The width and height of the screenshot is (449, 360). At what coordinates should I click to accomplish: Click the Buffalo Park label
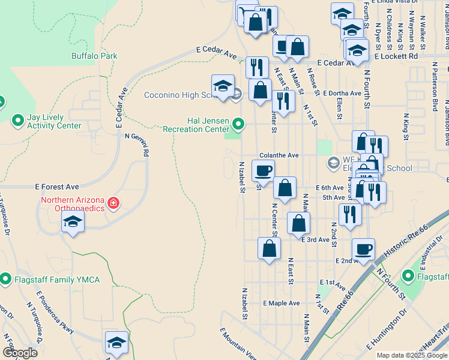(x=94, y=56)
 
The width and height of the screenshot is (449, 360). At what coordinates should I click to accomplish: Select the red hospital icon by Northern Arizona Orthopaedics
(x=113, y=204)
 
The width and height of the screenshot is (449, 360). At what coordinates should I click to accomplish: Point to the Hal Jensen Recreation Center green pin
(x=238, y=124)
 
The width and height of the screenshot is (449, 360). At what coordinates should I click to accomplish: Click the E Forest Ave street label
(x=57, y=187)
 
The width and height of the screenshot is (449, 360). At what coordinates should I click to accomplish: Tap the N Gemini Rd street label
(x=137, y=145)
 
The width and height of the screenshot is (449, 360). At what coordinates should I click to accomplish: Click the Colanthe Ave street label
(x=279, y=155)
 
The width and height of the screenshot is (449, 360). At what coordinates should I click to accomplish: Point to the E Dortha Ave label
(x=342, y=94)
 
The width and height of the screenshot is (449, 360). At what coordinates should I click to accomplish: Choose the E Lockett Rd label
(x=396, y=56)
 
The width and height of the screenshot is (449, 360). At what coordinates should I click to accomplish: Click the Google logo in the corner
(x=20, y=353)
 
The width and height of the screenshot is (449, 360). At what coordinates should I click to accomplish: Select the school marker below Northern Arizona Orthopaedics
(x=73, y=223)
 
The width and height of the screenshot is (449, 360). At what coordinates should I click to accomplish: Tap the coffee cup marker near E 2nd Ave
(x=363, y=248)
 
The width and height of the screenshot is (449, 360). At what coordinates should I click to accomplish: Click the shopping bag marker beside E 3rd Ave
(x=298, y=224)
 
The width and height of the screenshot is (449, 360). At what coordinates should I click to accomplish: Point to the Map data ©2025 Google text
(x=412, y=355)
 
